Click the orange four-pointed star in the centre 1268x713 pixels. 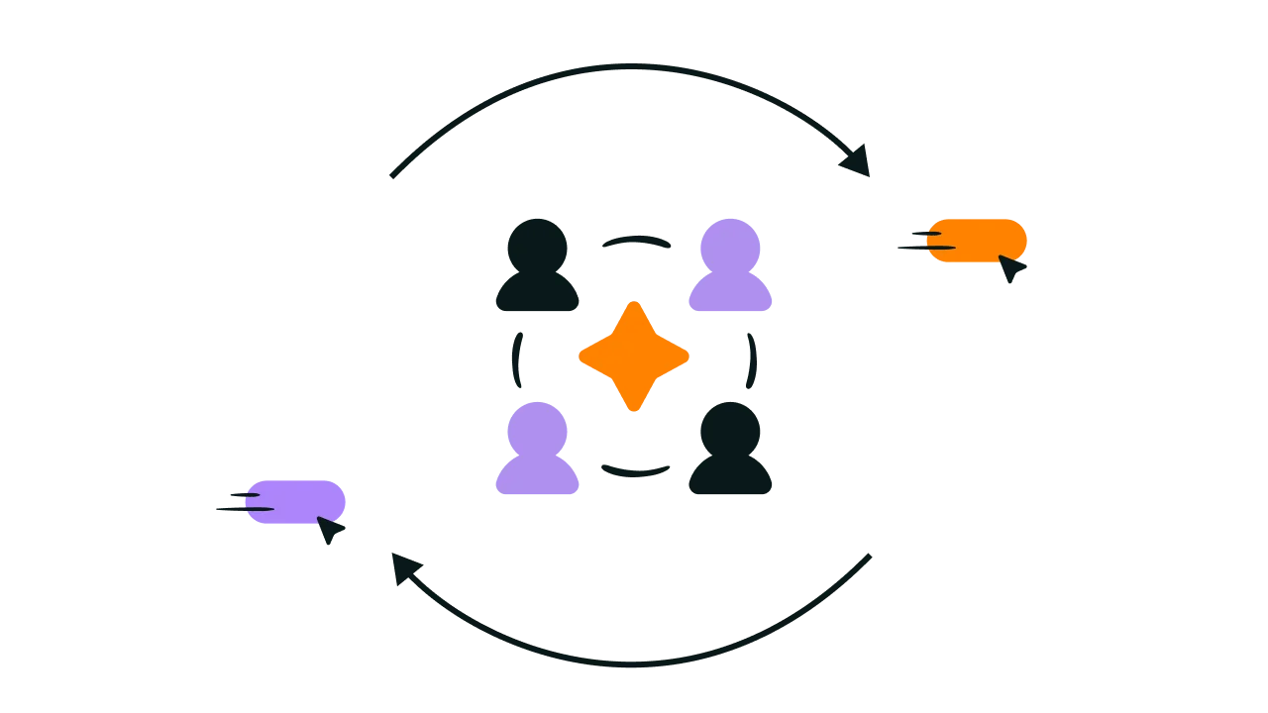click(634, 356)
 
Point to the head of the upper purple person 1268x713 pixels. click(729, 243)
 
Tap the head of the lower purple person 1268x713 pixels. click(538, 426)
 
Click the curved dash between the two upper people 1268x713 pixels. click(637, 240)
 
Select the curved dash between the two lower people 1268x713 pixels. click(634, 472)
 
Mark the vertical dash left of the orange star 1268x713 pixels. click(515, 358)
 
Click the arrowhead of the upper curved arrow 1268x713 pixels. click(858, 161)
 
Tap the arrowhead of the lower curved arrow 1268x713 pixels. click(403, 567)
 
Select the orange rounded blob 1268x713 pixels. click(977, 241)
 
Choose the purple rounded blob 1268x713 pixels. click(297, 501)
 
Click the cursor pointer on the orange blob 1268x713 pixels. click(1011, 268)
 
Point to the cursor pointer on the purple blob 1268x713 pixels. click(330, 530)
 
